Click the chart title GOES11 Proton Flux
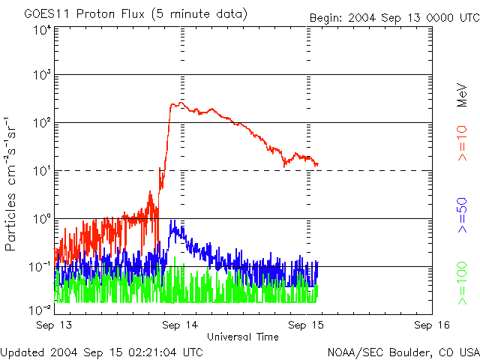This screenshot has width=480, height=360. coord(135,13)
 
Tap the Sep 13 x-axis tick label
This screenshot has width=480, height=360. coord(54,325)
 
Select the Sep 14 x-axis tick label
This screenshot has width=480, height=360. coord(180,325)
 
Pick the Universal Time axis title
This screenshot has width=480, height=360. coord(243,337)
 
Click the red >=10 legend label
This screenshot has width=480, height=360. coord(463,142)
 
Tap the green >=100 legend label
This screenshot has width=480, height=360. coord(463,283)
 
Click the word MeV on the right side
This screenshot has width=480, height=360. coord(463,94)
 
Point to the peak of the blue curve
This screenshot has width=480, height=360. coord(173,221)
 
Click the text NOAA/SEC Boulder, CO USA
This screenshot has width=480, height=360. coord(403,352)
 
